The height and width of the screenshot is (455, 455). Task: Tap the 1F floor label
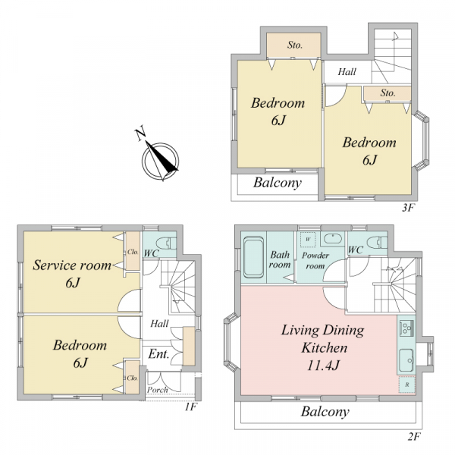click(191, 406)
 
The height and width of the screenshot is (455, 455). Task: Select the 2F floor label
click(414, 436)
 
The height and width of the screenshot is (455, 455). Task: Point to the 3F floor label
click(409, 208)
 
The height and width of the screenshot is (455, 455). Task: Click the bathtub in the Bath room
click(253, 257)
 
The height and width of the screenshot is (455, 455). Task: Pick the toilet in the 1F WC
click(167, 243)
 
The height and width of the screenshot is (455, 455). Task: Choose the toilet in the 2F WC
click(377, 242)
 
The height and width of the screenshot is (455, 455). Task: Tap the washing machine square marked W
click(308, 240)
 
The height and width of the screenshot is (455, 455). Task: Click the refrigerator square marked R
click(406, 384)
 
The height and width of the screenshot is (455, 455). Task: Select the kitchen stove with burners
click(406, 328)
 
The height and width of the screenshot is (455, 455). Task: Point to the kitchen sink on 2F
click(406, 359)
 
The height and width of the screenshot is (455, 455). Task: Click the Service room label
click(72, 265)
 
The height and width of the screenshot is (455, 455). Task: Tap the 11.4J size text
click(323, 366)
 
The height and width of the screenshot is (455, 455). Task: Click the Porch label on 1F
click(157, 390)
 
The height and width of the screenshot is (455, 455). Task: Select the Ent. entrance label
click(158, 354)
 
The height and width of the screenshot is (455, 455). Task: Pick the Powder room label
click(315, 261)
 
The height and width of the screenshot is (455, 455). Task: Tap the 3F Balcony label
click(278, 183)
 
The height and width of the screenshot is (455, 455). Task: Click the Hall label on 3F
click(347, 71)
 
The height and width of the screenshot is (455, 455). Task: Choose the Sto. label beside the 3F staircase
click(388, 93)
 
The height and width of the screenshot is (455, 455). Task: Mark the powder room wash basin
click(333, 238)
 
